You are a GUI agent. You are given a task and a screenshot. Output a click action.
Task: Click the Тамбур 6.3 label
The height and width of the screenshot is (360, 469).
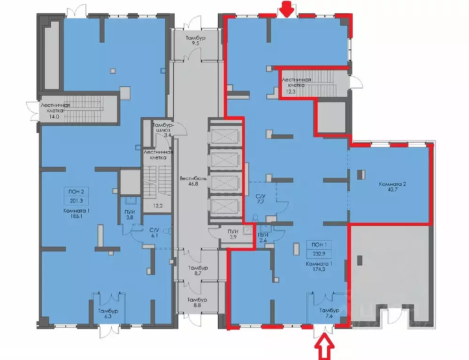pos(108,314)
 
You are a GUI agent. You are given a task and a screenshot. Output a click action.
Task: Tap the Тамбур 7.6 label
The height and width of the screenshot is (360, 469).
pos(328,314)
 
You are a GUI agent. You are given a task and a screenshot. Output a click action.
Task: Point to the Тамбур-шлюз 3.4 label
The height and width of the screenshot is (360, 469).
pos(164,130)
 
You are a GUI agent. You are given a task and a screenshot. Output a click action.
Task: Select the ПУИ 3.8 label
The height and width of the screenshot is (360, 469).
pos(130,214)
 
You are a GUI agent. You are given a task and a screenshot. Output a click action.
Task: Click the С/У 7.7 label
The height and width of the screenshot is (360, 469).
pos(260,199)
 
